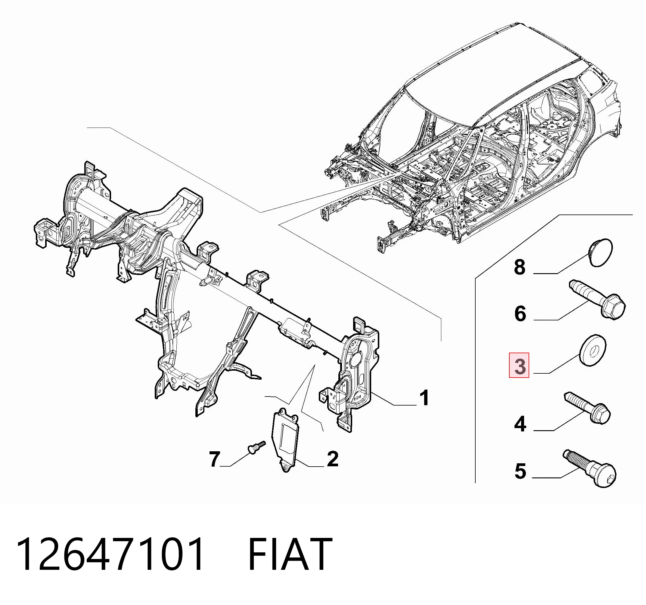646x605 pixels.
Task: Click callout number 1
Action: coord(424,398)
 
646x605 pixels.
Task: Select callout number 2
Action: coord(332,459)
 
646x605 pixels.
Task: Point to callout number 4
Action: coord(520,424)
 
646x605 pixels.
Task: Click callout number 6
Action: coord(520,314)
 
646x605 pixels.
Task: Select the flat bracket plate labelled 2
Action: coord(285,440)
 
